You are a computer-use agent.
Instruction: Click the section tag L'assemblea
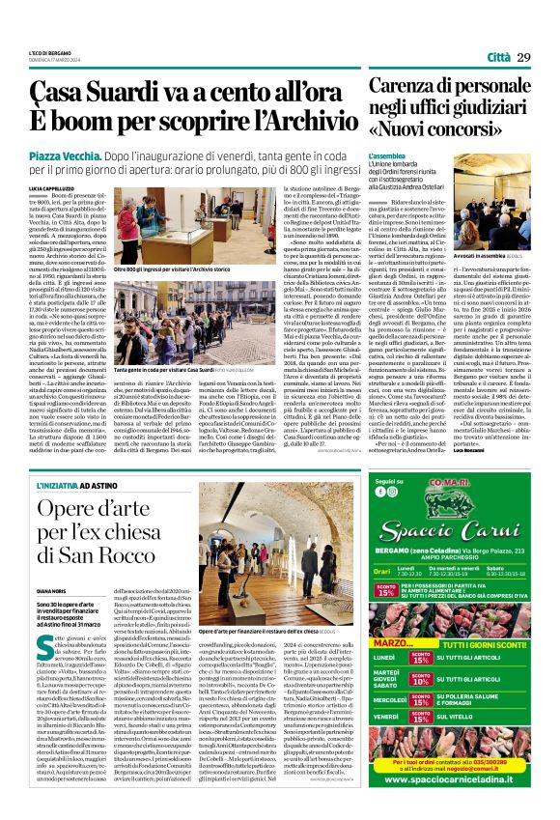click(x=387, y=155)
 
